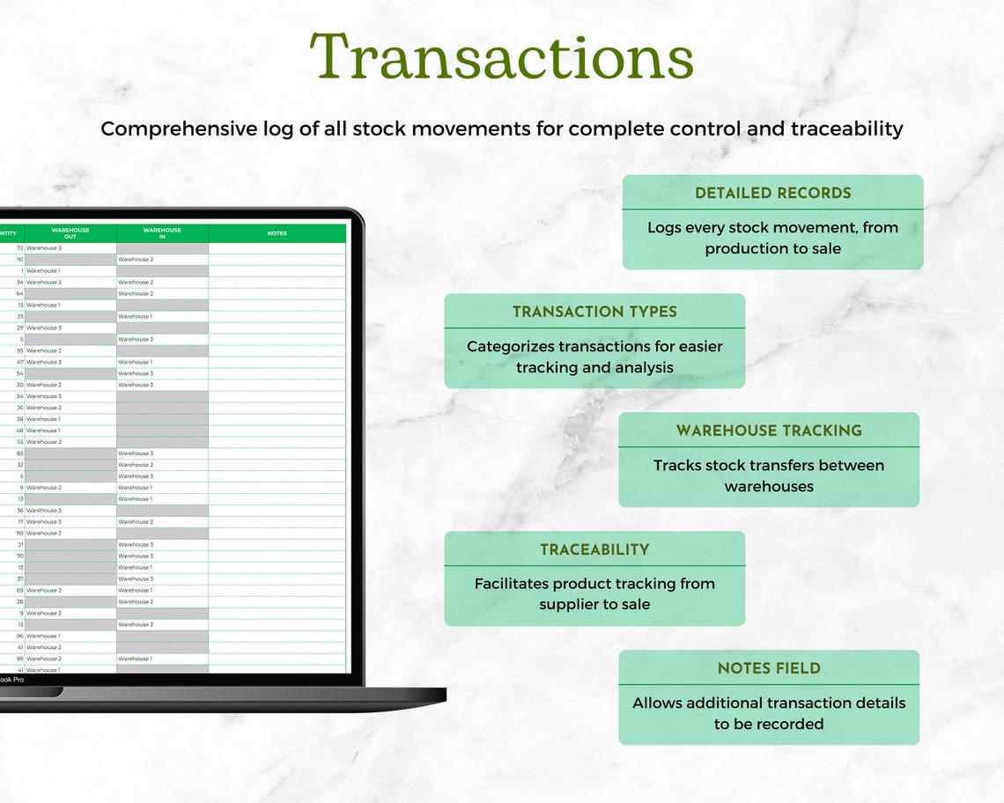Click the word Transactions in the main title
pos(502,57)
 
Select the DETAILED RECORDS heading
pos(772,193)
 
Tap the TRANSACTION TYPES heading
pos(594,312)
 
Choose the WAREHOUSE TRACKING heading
pos(768,431)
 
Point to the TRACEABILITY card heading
pos(594,549)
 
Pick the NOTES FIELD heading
pos(768,668)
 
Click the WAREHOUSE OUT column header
pos(70,233)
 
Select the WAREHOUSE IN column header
pos(162,233)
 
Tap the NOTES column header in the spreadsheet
pos(277,233)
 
